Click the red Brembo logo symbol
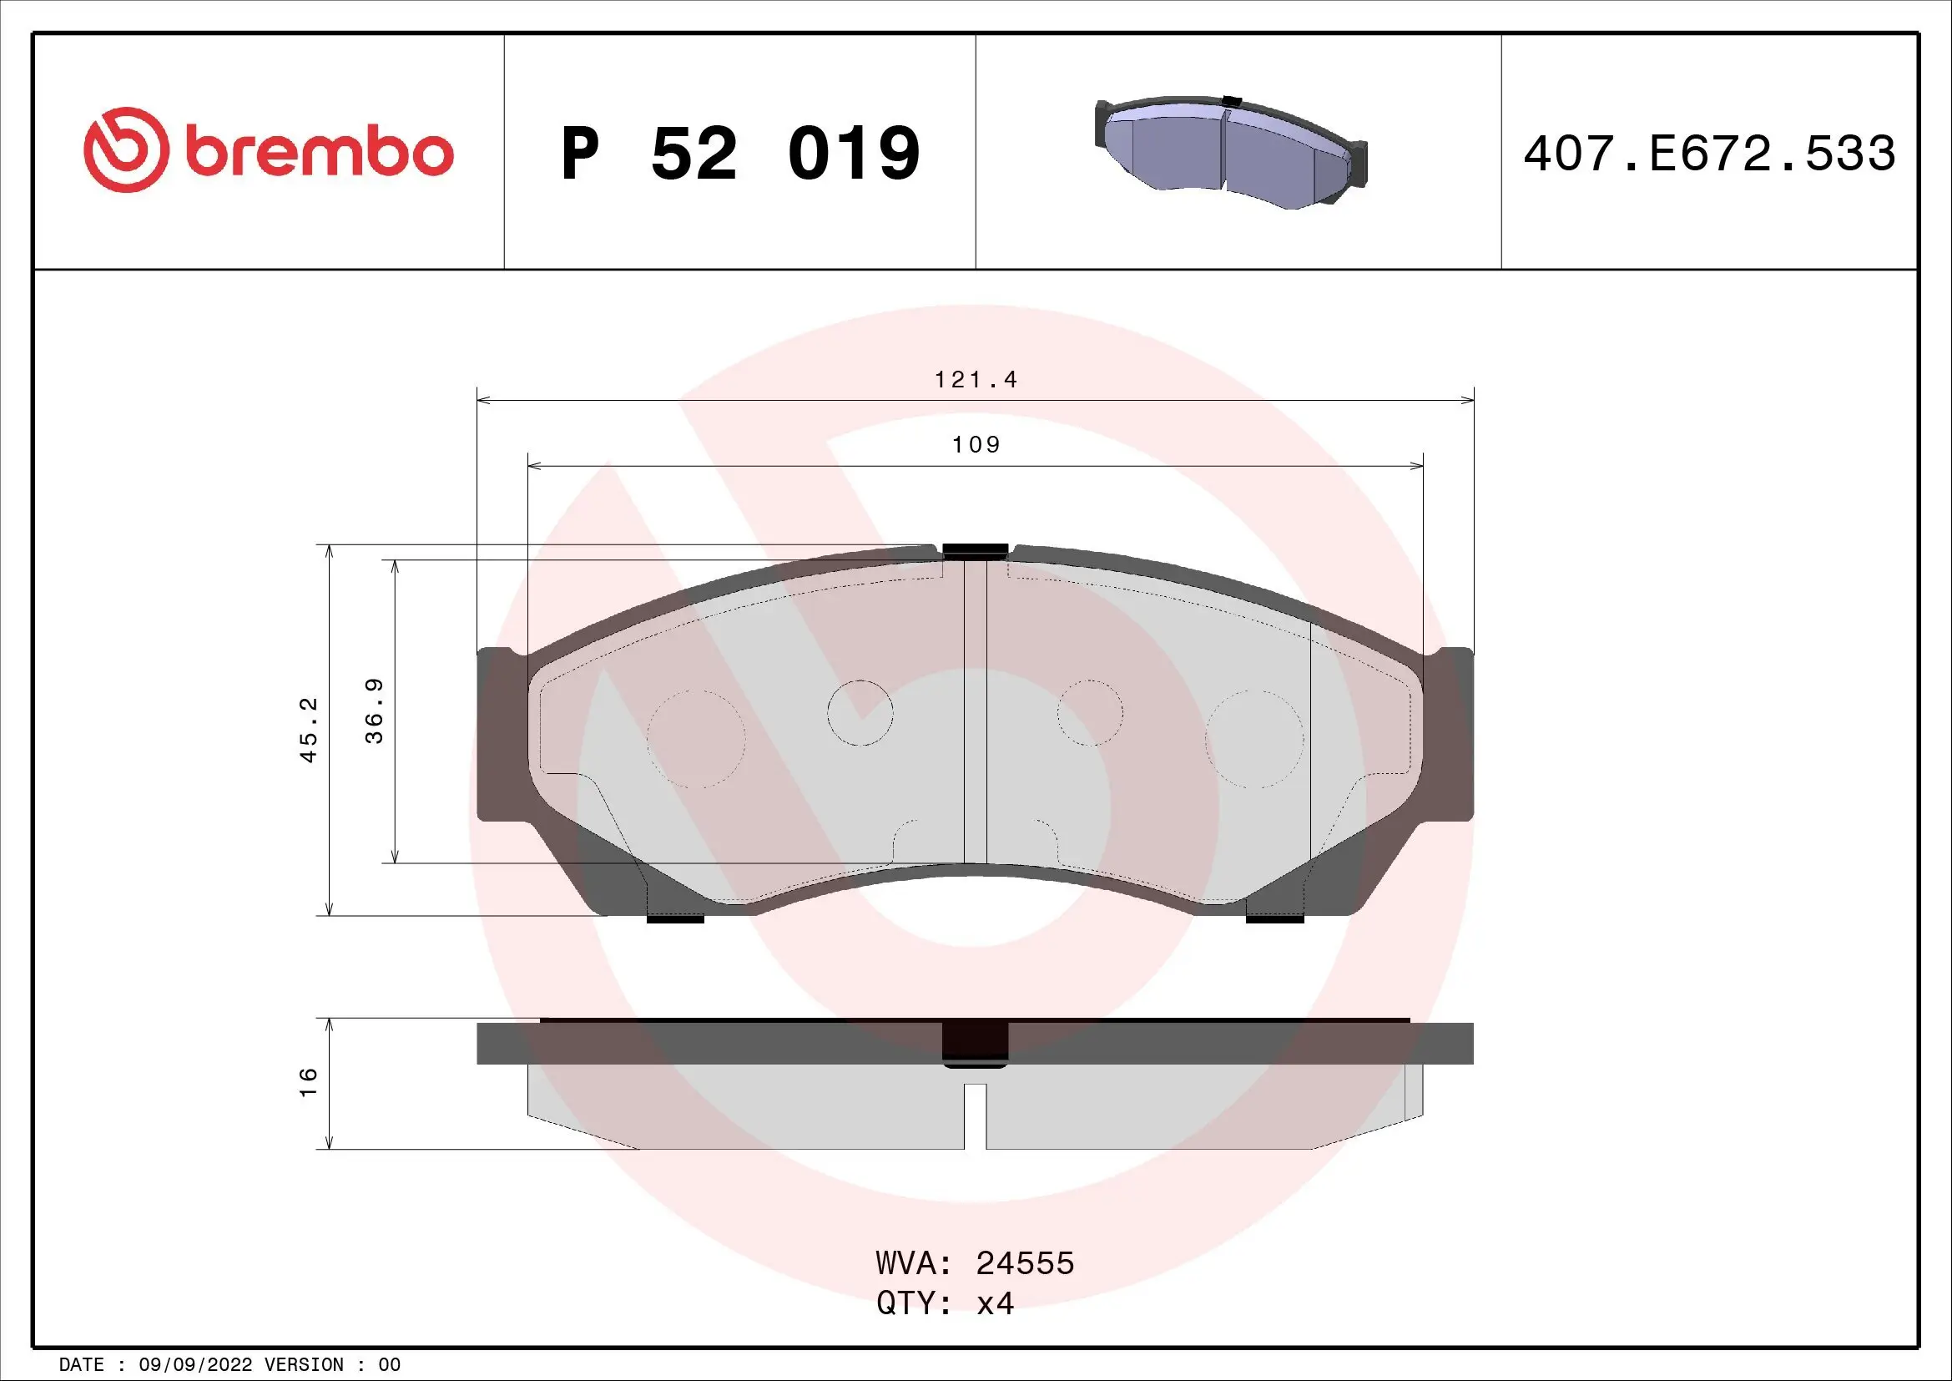(123, 149)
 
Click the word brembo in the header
(319, 152)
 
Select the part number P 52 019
(739, 154)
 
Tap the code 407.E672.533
(1709, 154)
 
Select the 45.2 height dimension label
(309, 729)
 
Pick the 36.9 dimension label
(374, 711)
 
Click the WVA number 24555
(1025, 1263)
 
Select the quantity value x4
(995, 1303)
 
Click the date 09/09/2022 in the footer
(194, 1365)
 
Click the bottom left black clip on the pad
(675, 918)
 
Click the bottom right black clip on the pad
(1274, 918)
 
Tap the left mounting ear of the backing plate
(501, 734)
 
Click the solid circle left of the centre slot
(860, 712)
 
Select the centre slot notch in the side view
(975, 1115)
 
